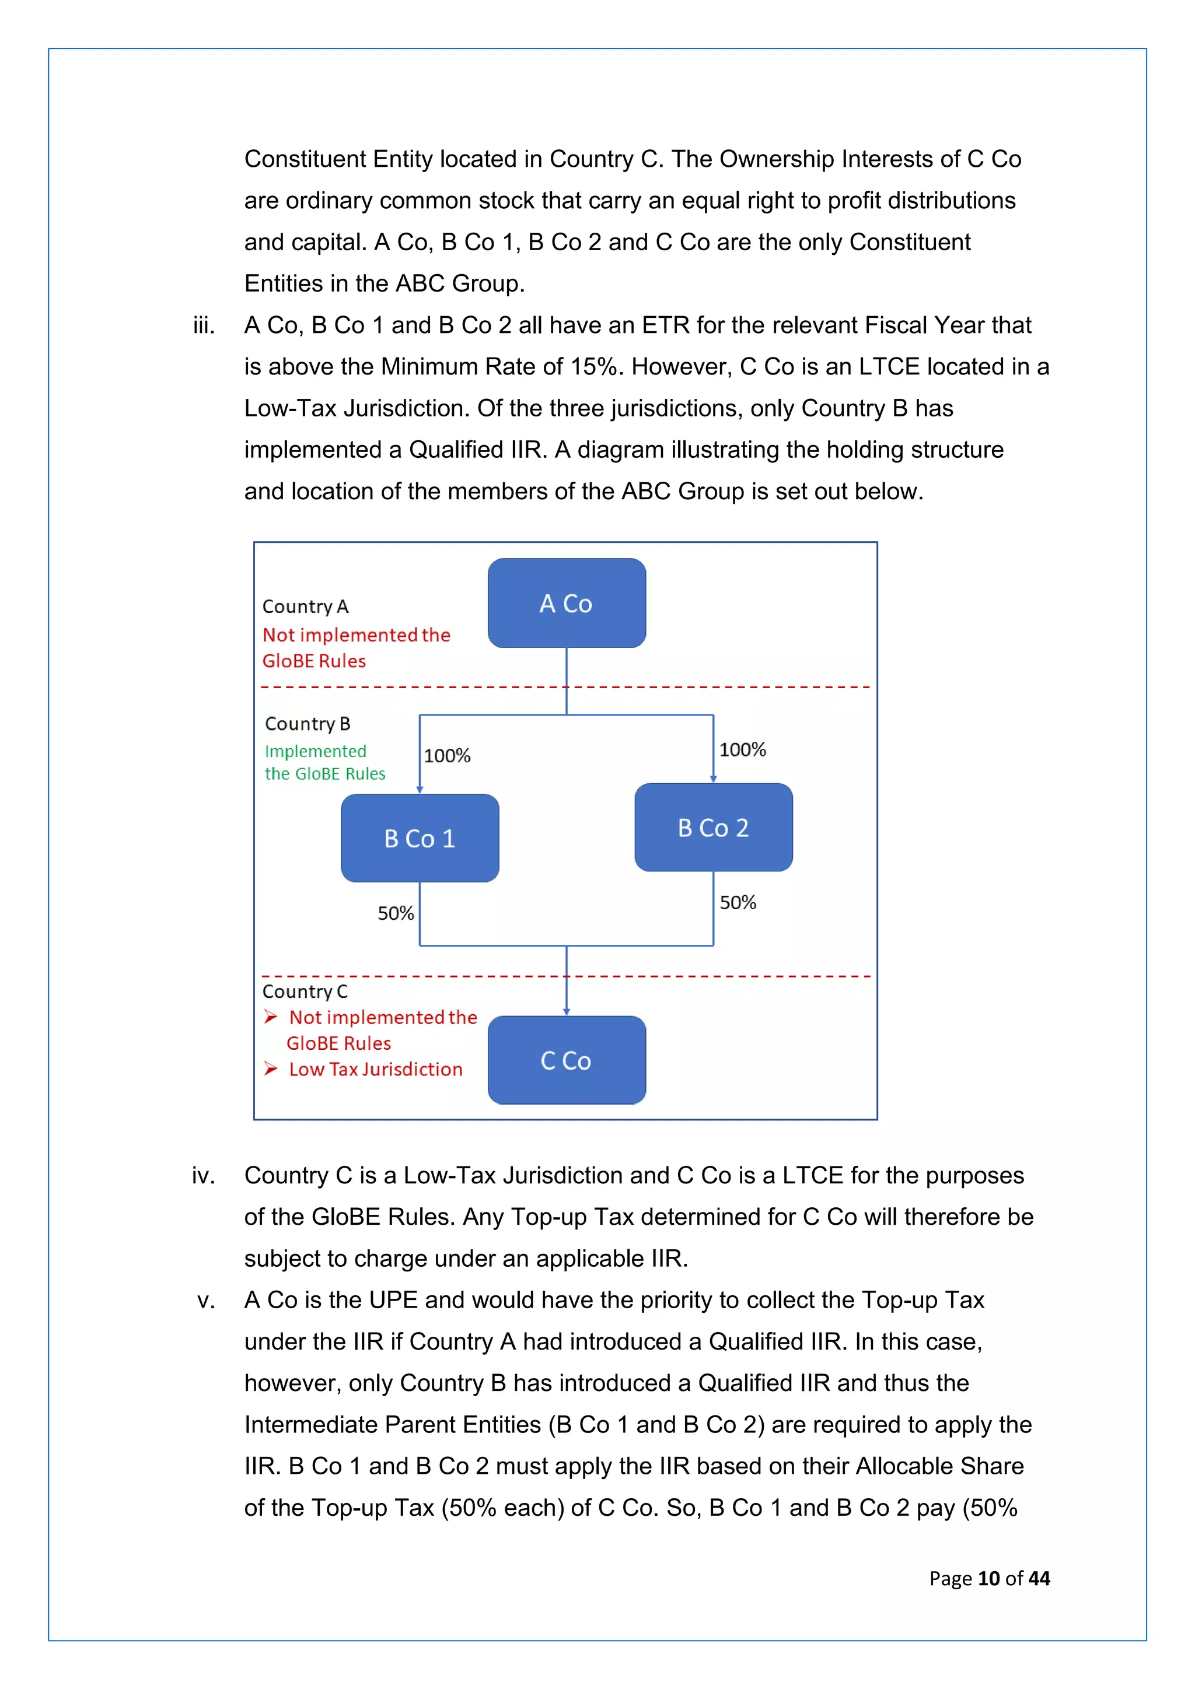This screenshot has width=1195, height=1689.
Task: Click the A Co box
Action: tap(567, 603)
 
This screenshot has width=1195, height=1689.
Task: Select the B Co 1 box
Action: tap(420, 838)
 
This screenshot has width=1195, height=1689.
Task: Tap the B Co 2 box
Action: tap(713, 828)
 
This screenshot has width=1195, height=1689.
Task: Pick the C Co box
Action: tap(567, 1060)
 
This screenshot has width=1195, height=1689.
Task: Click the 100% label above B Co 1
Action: tap(446, 755)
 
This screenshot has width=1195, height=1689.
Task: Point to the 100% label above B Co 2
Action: tap(742, 749)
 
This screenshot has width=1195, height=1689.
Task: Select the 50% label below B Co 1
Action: tap(396, 914)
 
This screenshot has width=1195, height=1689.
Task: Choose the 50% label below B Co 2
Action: tap(738, 903)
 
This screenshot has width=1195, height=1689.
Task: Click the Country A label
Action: tap(305, 607)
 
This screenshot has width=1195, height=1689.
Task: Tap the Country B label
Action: tap(308, 724)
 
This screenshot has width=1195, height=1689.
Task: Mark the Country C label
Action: tap(305, 991)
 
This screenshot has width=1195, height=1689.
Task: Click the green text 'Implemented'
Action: tap(316, 751)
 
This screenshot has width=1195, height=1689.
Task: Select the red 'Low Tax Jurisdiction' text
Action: tap(375, 1070)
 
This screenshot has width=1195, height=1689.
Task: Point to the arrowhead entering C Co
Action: tap(567, 1011)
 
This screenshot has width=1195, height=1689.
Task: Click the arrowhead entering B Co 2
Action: tap(713, 778)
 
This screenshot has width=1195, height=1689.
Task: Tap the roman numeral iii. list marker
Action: tap(204, 325)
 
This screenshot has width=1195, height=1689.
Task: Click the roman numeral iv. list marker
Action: tap(204, 1176)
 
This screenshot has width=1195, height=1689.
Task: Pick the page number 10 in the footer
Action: tap(988, 1578)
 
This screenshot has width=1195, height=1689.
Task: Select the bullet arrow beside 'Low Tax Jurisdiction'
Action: tap(271, 1069)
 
